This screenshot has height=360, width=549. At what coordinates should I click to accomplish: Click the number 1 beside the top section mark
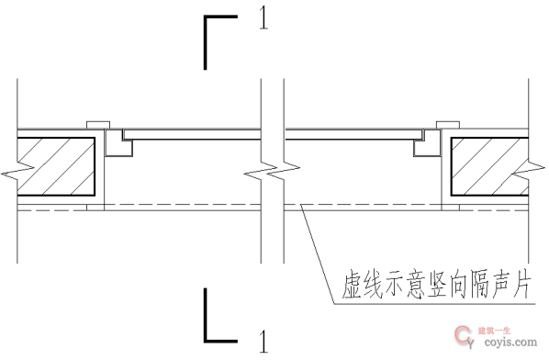[263, 19]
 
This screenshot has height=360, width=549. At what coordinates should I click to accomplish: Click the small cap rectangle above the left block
[96, 124]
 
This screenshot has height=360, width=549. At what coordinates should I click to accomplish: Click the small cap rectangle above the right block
[447, 124]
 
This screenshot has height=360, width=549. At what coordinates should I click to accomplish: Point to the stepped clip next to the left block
[117, 142]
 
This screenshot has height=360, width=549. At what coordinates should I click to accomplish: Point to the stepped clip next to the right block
[426, 142]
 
